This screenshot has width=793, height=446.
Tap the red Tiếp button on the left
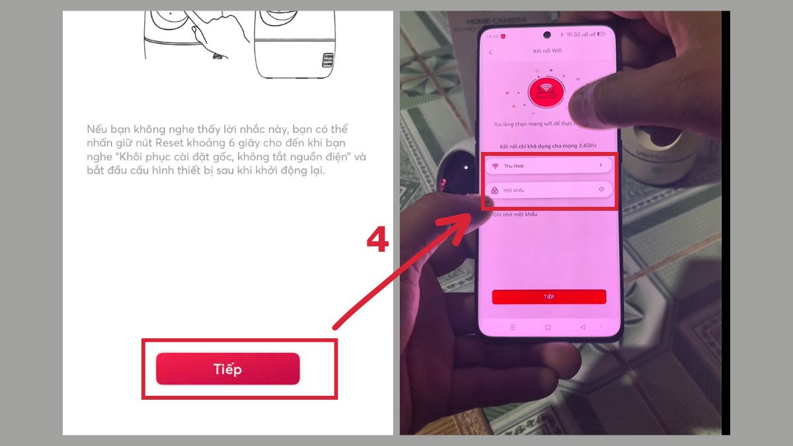pyautogui.click(x=227, y=369)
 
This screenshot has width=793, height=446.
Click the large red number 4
pyautogui.click(x=377, y=241)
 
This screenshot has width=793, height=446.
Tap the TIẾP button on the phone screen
pyautogui.click(x=548, y=297)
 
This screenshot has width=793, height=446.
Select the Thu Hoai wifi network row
pyautogui.click(x=548, y=165)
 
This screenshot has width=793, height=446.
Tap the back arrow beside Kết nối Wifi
pyautogui.click(x=490, y=52)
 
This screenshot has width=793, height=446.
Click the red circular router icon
pyautogui.click(x=547, y=92)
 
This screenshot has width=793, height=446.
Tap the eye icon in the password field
pyautogui.click(x=601, y=190)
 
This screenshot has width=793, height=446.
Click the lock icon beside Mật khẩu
pyautogui.click(x=494, y=190)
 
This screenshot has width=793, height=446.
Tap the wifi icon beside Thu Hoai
pyautogui.click(x=495, y=165)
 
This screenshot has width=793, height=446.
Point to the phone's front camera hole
pyautogui.click(x=547, y=34)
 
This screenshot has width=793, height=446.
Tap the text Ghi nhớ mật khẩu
pyautogui.click(x=515, y=215)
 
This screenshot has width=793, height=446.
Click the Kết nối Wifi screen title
pyautogui.click(x=546, y=52)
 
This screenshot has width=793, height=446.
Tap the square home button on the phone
pyautogui.click(x=547, y=327)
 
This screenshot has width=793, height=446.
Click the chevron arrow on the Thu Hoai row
pyautogui.click(x=600, y=165)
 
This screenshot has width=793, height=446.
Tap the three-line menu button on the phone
pyautogui.click(x=511, y=327)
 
